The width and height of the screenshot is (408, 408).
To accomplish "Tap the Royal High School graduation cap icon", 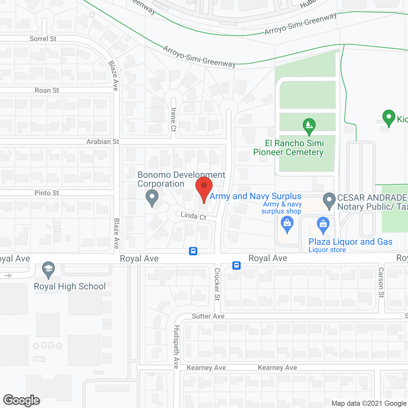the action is pyautogui.click(x=48, y=270).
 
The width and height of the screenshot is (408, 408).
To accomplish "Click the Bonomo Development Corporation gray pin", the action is pyautogui.click(x=152, y=197).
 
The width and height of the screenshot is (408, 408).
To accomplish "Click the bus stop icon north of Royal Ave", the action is pyautogui.click(x=193, y=251).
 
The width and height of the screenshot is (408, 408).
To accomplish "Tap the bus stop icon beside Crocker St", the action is pyautogui.click(x=236, y=265).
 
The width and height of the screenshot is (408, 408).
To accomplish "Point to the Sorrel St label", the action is pyautogui.click(x=43, y=39).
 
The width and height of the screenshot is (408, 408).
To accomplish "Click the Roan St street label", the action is pyautogui.click(x=47, y=91).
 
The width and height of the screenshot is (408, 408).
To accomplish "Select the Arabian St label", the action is pyautogui.click(x=103, y=142).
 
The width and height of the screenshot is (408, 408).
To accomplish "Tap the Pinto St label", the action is pyautogui.click(x=47, y=193).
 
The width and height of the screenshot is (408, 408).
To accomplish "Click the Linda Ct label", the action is pyautogui.click(x=193, y=216).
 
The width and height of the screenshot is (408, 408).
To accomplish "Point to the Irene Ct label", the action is pyautogui.click(x=173, y=119).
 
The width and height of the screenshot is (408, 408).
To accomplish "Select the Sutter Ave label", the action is pyautogui.click(x=208, y=316).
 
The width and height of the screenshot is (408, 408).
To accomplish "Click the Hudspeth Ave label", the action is pyautogui.click(x=176, y=347).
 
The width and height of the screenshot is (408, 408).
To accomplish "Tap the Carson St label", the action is pyautogui.click(x=381, y=283).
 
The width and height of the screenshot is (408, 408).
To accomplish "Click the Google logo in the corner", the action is pyautogui.click(x=22, y=400).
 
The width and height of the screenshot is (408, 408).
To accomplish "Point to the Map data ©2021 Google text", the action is pyautogui.click(x=369, y=404).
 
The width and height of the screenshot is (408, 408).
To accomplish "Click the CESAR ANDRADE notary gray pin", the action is pyautogui.click(x=329, y=200).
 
